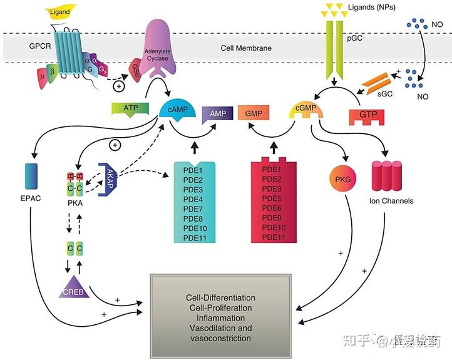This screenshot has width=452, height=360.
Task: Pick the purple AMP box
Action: tap(217, 113)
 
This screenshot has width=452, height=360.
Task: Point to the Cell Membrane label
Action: tap(245, 48)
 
